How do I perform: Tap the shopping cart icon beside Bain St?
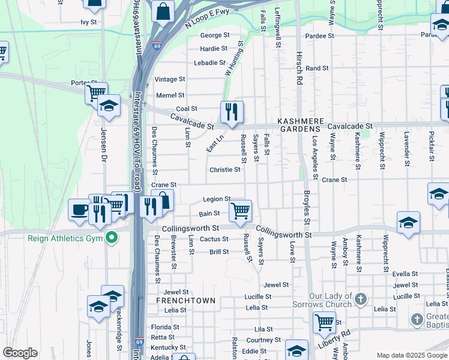(x=240, y=211)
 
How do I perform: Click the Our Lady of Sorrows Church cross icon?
(x=360, y=299)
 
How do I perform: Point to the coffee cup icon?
(x=79, y=210)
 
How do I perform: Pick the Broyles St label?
(x=306, y=208)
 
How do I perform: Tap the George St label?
(x=214, y=35)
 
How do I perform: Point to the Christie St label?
(x=224, y=170)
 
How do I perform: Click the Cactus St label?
(x=214, y=239)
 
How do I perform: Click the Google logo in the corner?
(x=19, y=353)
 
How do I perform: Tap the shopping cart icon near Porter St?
(x=95, y=93)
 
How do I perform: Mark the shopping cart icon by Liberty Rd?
(x=324, y=322)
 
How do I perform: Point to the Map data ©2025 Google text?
(x=412, y=355)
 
